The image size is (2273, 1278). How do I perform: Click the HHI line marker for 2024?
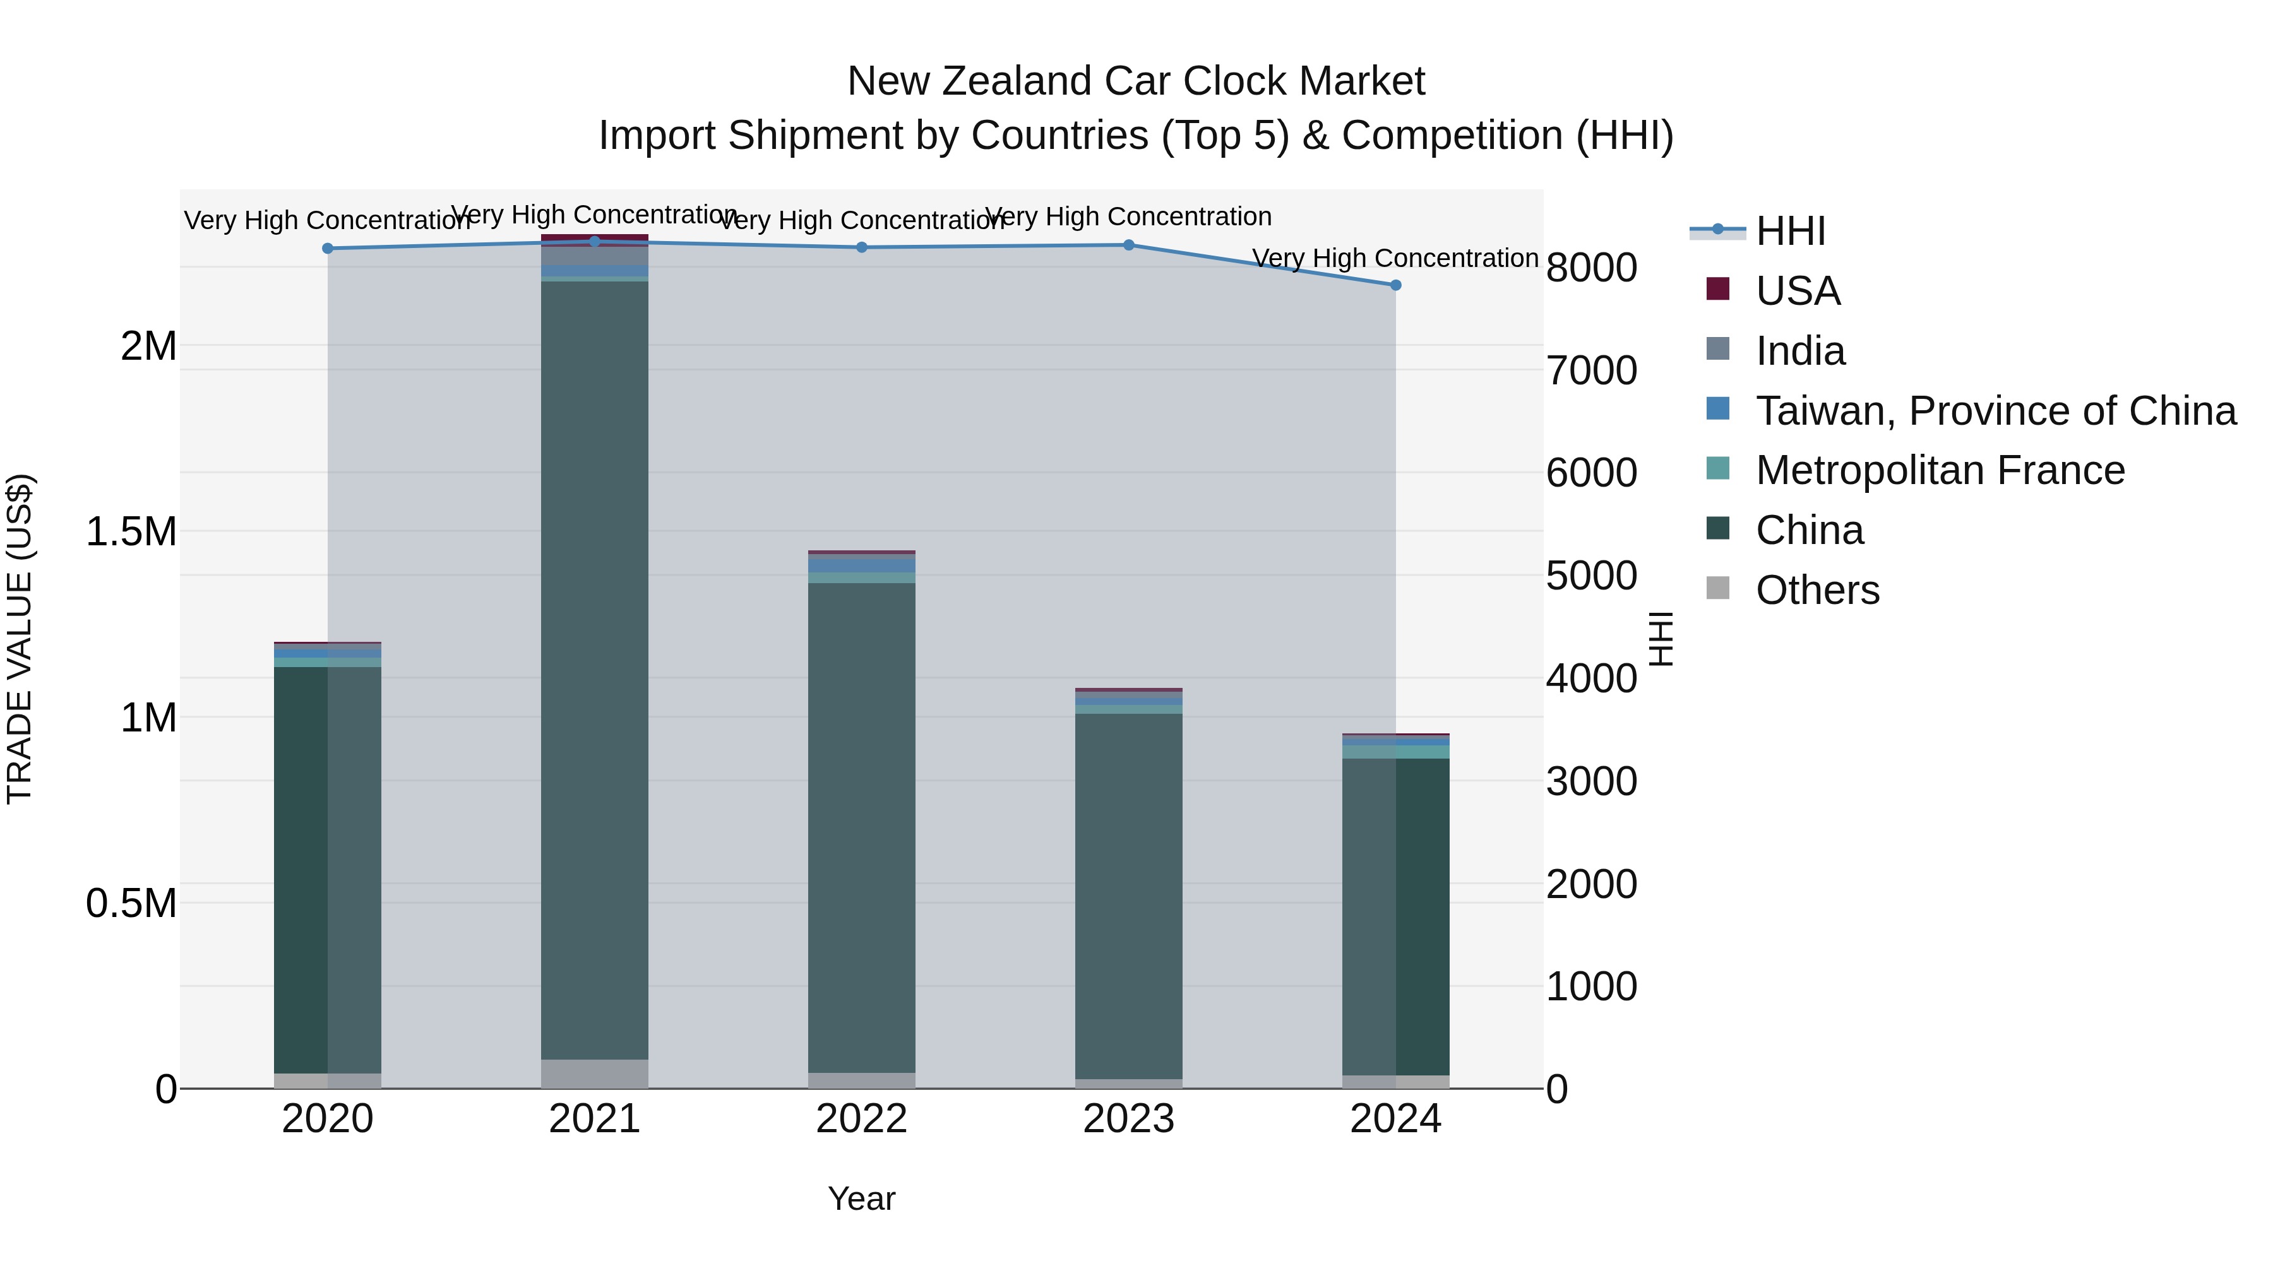click(1395, 285)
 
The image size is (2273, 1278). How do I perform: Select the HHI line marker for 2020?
click(327, 249)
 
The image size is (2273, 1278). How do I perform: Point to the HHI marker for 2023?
click(1128, 246)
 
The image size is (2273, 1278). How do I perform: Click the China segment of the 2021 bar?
click(594, 670)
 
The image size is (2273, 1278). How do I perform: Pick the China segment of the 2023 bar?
click(1128, 895)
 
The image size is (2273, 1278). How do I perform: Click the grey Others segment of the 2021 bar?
click(594, 1074)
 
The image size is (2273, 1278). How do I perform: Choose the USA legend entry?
click(1798, 291)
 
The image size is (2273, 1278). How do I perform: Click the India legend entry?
click(1800, 351)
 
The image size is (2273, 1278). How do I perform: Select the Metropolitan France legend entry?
click(1940, 470)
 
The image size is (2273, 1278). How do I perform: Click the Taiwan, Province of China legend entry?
click(1995, 411)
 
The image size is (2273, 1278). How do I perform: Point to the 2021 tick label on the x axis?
click(594, 1119)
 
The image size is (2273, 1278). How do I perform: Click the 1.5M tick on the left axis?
click(131, 532)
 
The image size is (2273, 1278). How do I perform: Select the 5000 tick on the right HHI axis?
click(1591, 576)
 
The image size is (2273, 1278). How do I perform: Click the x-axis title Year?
click(861, 1198)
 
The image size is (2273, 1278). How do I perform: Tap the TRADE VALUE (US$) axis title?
click(20, 639)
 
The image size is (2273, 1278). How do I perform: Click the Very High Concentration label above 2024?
click(1395, 258)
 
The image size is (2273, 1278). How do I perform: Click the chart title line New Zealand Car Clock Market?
click(1136, 81)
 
